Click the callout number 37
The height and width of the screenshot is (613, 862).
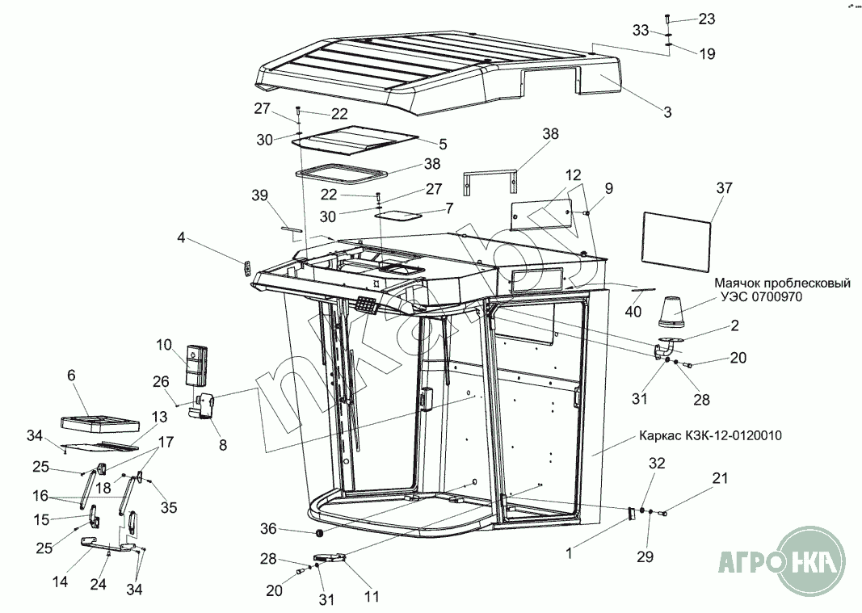coord(724,188)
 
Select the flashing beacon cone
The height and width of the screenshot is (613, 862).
coord(673,309)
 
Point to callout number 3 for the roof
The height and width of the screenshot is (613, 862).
coord(667,111)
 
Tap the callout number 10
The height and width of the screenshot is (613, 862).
coord(165,345)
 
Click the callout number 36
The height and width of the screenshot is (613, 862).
coord(268,529)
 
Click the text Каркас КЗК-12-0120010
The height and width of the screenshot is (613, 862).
coord(711,435)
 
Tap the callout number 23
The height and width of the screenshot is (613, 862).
coord(707,19)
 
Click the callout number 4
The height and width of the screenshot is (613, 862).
coord(181,237)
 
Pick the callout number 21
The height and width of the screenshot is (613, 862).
coord(720,480)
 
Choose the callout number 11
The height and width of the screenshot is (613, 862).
coord(372,597)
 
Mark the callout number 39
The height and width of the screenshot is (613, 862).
coord(259,197)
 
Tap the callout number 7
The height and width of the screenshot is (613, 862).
coord(449,208)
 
